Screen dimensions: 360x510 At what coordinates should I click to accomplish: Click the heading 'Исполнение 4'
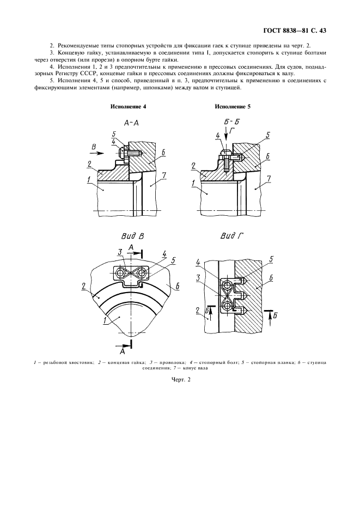click(128, 107)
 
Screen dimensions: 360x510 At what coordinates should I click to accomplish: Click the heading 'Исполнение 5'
click(233, 107)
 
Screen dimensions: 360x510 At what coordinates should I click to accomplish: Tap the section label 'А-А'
click(131, 123)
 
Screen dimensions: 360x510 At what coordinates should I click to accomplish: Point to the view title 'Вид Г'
click(232, 236)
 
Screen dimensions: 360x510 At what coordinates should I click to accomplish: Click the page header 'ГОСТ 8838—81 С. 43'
click(294, 31)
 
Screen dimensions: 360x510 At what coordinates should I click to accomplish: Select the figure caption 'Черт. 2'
click(180, 380)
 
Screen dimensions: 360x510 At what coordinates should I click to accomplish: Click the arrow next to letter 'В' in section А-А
click(97, 153)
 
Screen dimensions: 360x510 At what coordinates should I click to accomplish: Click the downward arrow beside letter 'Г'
click(227, 139)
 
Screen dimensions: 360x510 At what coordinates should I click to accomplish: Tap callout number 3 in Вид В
click(120, 251)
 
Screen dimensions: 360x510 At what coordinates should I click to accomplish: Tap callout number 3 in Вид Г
click(198, 277)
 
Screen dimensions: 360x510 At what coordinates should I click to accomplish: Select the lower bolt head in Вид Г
click(226, 306)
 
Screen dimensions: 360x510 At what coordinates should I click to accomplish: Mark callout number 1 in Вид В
click(105, 320)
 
